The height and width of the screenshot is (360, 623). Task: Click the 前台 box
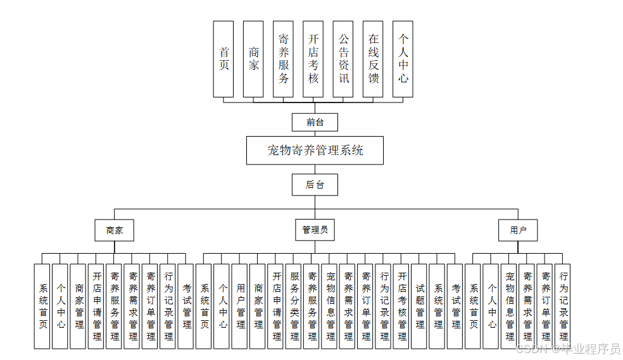tap(315, 122)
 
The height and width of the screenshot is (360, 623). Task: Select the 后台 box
tap(315, 185)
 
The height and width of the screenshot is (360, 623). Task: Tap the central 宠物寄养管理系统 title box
tap(315, 151)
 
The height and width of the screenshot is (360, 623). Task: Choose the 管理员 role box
tap(315, 230)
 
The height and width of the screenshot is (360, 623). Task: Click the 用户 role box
tap(518, 230)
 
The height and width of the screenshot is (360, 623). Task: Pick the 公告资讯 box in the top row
tap(343, 59)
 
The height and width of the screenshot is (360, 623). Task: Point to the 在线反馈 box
tap(373, 59)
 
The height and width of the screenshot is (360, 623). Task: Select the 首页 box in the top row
tap(223, 59)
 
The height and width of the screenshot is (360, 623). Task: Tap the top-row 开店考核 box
tap(313, 59)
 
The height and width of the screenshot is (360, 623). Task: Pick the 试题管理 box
tap(420, 306)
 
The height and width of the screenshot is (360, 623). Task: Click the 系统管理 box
tap(437, 306)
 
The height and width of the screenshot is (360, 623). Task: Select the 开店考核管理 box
tap(402, 306)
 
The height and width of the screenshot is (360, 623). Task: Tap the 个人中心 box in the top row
tap(403, 59)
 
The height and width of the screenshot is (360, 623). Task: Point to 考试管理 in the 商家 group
tap(187, 306)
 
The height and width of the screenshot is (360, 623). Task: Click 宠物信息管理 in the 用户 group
tap(510, 306)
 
